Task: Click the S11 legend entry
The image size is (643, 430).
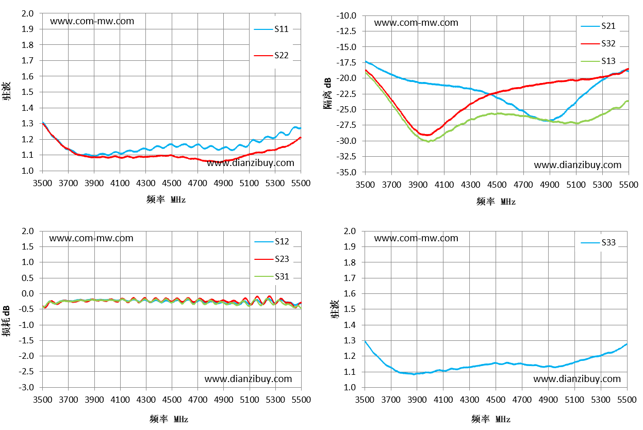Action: click(x=271, y=29)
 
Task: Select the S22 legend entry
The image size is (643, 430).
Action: click(x=271, y=55)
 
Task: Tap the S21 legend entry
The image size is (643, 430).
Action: click(x=598, y=26)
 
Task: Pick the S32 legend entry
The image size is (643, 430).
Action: click(x=598, y=44)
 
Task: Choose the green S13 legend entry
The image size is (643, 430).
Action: click(x=598, y=61)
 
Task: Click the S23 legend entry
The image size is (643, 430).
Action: click(x=272, y=259)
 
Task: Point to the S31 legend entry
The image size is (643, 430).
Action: click(x=272, y=276)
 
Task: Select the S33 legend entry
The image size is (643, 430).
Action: click(x=598, y=242)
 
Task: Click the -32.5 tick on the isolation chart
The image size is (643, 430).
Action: click(x=346, y=156)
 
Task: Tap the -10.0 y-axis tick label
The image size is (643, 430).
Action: click(x=346, y=15)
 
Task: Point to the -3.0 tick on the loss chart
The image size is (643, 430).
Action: click(x=26, y=387)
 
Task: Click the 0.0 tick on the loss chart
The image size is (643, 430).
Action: click(x=27, y=293)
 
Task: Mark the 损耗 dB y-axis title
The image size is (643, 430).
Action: click(x=6, y=321)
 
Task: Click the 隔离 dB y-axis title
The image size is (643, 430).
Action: click(x=327, y=93)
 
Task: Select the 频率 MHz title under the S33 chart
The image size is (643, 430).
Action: click(x=490, y=419)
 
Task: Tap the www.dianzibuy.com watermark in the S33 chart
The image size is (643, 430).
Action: click(x=577, y=379)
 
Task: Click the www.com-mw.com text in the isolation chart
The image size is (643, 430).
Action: click(x=416, y=23)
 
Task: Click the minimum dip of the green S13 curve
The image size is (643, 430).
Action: click(x=428, y=141)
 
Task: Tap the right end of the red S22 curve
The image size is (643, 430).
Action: click(x=301, y=138)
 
